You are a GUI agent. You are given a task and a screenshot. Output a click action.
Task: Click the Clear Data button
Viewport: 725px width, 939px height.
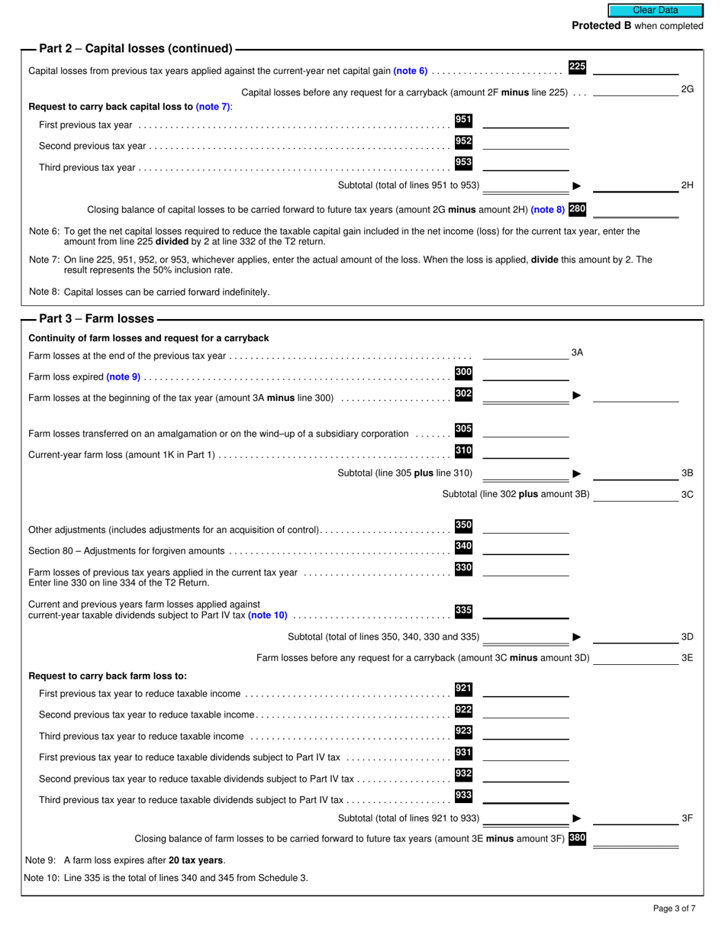click(x=655, y=10)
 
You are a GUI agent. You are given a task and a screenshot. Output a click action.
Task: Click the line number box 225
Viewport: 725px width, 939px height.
click(x=577, y=67)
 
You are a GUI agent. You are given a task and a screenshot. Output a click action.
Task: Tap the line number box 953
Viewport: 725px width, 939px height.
click(x=463, y=163)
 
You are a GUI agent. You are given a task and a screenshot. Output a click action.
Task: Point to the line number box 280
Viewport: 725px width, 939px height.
click(x=577, y=208)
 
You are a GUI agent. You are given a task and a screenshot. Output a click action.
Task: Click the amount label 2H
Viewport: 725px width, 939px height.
click(x=687, y=185)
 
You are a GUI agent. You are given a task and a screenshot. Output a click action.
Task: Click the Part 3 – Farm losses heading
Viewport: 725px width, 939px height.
click(x=96, y=318)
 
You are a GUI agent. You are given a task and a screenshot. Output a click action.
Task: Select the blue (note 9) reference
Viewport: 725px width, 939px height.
click(x=123, y=376)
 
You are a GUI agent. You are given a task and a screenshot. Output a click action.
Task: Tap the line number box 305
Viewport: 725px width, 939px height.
click(x=463, y=430)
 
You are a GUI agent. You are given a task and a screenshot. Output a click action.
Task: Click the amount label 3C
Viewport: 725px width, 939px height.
click(x=687, y=494)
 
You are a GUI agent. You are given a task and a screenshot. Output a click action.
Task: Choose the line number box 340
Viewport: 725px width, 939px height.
click(x=463, y=547)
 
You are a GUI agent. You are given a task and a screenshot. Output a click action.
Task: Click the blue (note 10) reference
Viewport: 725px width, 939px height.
click(x=268, y=615)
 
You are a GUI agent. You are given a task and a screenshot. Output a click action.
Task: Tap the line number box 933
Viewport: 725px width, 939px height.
click(x=463, y=796)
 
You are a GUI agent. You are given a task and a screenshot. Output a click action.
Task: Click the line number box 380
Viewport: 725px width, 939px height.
click(x=577, y=838)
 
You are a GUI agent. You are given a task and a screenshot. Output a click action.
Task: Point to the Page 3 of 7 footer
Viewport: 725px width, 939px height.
click(x=674, y=908)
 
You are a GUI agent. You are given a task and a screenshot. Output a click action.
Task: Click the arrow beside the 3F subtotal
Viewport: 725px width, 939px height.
click(x=577, y=818)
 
